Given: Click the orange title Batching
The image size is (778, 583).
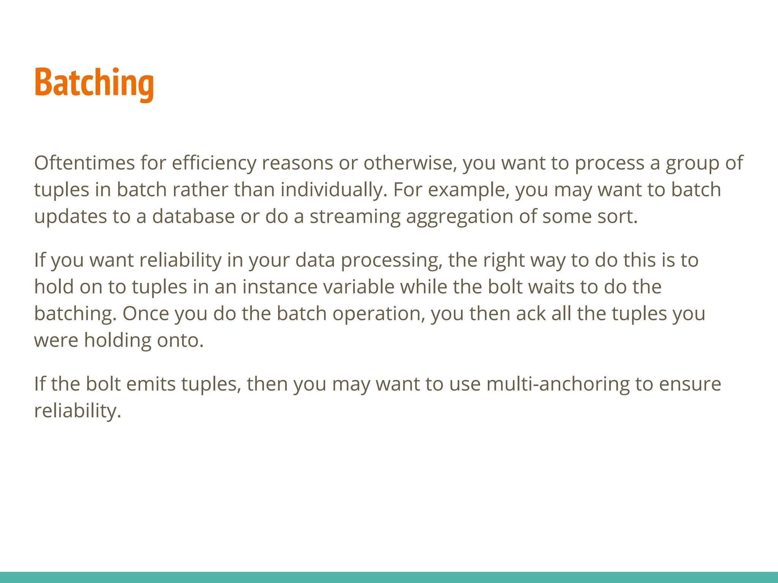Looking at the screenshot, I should pos(94,83).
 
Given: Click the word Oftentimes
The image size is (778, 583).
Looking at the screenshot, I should pos(84,163).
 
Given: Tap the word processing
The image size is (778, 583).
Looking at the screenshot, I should pos(391,260).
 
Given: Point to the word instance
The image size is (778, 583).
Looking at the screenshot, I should pos(280,287).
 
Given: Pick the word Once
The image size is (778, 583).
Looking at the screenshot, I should pos(145,314).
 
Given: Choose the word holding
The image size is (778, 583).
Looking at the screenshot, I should pos(117,340).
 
